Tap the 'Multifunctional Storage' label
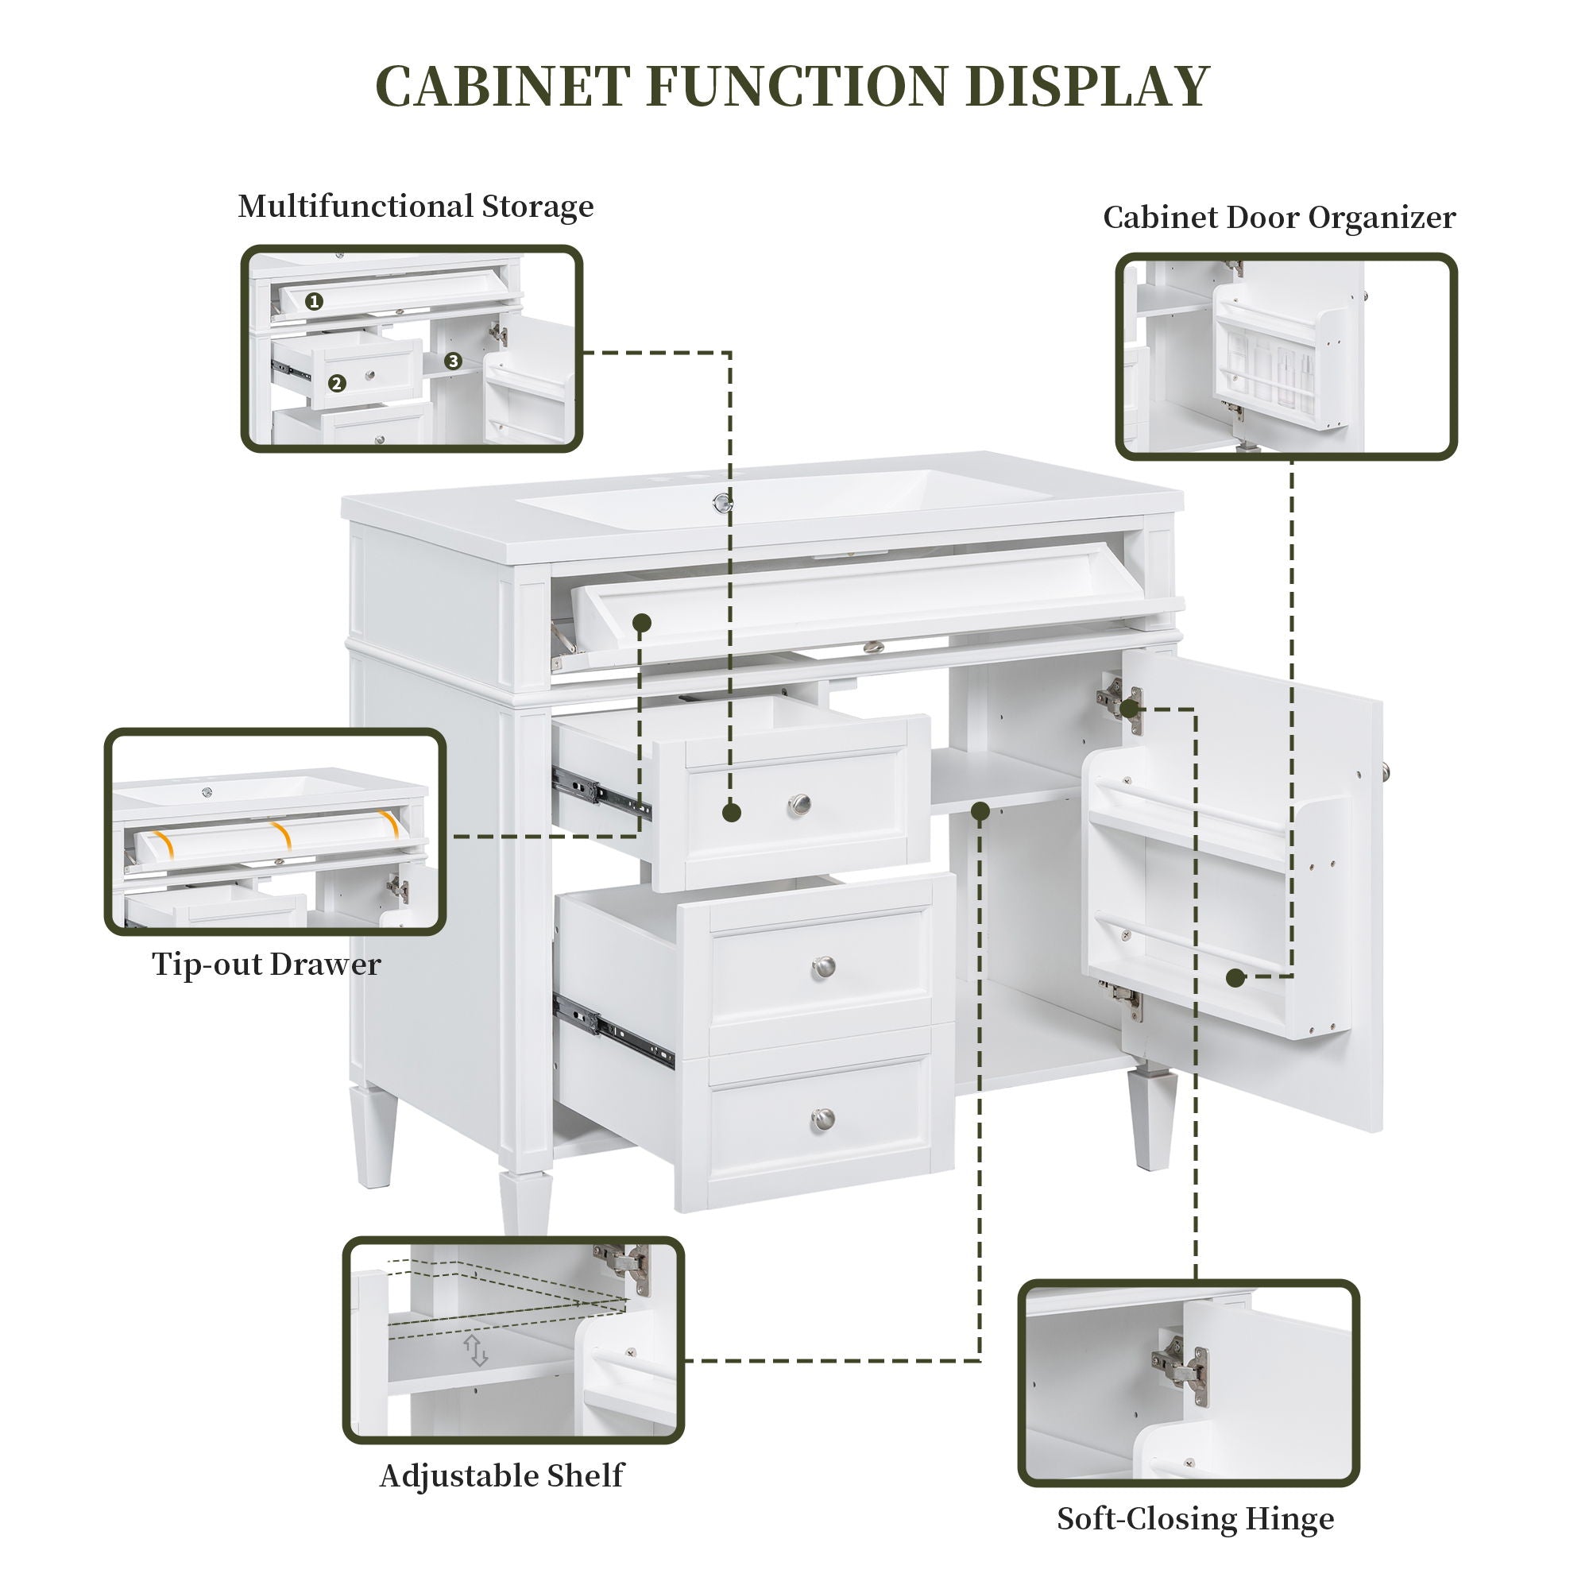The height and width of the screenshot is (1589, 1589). (416, 207)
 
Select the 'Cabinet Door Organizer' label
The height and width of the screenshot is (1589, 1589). (1279, 218)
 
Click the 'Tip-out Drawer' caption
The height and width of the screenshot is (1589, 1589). (265, 964)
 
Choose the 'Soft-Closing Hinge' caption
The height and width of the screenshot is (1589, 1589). (1195, 1518)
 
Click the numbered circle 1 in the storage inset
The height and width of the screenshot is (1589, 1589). (313, 302)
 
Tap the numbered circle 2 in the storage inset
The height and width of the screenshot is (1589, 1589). (335, 383)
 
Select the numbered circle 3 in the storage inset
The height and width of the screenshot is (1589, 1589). (452, 361)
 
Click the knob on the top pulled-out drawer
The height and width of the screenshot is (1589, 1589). (798, 803)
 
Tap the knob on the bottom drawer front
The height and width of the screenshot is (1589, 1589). (822, 1119)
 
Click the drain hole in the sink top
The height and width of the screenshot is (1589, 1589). (723, 503)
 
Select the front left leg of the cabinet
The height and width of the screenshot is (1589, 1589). (524, 1202)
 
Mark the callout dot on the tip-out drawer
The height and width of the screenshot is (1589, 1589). (642, 623)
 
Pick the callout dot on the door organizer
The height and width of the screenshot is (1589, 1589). (1234, 978)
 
